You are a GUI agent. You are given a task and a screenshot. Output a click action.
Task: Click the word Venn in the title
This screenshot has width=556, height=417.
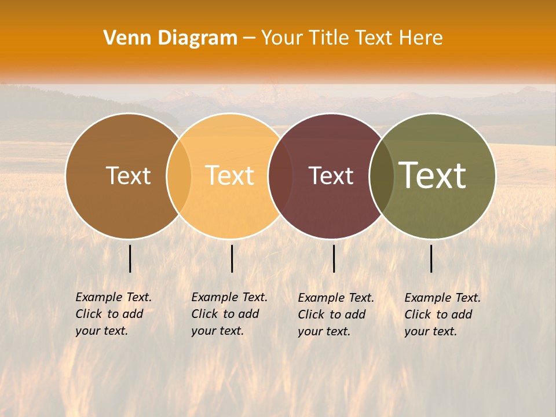(121, 38)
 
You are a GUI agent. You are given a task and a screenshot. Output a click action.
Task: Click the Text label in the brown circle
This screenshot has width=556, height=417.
(128, 175)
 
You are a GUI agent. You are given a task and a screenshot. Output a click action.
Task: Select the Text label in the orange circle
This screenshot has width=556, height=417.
(230, 175)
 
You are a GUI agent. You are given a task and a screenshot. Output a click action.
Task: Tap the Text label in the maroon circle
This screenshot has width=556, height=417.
(331, 175)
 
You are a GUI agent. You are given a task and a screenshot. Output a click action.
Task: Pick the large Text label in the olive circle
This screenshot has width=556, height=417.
(433, 175)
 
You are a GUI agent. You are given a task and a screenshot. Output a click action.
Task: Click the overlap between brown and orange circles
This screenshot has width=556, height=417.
(179, 175)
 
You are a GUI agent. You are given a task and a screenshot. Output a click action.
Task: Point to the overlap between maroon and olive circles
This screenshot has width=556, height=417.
(382, 175)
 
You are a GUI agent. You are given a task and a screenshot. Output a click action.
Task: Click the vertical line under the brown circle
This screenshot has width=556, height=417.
(130, 258)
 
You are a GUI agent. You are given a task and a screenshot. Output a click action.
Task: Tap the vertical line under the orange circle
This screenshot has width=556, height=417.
(232, 258)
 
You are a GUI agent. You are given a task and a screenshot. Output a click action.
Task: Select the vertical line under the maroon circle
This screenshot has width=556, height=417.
(334, 258)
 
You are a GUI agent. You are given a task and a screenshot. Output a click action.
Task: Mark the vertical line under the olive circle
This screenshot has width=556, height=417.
(431, 258)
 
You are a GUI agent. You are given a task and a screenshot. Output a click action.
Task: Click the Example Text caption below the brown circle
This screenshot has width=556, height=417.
(114, 314)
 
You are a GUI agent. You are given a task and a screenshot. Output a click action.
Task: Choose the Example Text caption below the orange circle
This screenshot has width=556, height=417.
(229, 314)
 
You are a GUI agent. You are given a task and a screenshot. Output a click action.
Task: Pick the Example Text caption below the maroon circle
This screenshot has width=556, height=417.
(336, 314)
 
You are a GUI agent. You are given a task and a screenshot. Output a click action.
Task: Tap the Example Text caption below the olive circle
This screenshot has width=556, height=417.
(442, 314)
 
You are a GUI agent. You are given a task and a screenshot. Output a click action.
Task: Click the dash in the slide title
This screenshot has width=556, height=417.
(249, 38)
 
